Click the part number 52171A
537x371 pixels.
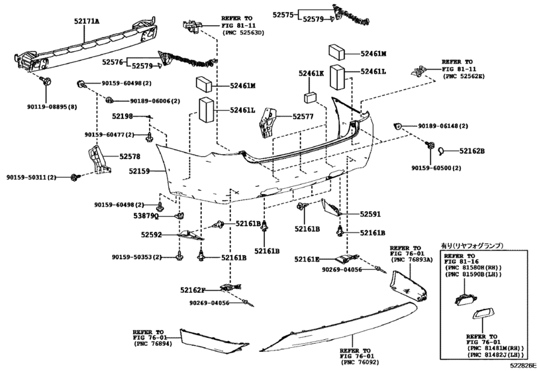tap(87, 22)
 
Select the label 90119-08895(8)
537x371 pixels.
tap(52, 107)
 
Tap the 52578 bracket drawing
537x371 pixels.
tap(99, 159)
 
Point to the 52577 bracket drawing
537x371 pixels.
tap(269, 123)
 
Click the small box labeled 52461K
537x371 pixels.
tap(310, 97)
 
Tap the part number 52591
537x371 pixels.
tap(370, 214)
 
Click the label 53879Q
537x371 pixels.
tap(146, 216)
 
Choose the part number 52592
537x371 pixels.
tap(151, 235)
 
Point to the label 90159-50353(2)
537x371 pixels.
tap(136, 257)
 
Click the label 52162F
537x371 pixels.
tap(193, 290)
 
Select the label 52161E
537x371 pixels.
tap(307, 259)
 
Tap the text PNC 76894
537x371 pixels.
tap(154, 344)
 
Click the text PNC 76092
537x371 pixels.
tap(360, 362)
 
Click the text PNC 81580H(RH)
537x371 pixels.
tap(473, 268)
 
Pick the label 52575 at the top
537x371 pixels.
tap(283, 15)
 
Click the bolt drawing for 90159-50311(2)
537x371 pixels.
tap(75, 177)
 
